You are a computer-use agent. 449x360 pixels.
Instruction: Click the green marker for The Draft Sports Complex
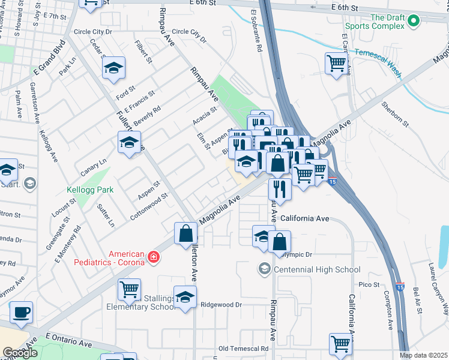413,22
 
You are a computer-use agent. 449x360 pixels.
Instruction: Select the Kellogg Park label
90,190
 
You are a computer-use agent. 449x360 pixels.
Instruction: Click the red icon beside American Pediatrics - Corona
154,257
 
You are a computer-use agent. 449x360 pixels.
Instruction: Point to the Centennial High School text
317,269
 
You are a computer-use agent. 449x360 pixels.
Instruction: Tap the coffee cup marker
21,312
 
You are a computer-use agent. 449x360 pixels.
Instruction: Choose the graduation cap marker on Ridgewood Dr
185,297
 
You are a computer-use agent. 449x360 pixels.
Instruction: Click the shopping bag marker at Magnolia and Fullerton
186,233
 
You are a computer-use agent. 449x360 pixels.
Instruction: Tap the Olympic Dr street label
297,254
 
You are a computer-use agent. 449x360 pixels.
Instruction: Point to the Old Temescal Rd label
244,349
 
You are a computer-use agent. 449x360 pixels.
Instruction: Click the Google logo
20,353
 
